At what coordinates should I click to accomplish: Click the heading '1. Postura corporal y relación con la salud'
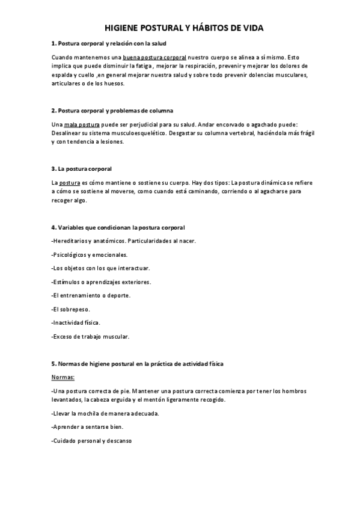(x=109, y=44)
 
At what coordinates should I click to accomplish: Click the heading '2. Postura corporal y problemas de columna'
(x=112, y=111)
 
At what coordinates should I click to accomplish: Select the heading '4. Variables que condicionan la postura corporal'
(x=118, y=227)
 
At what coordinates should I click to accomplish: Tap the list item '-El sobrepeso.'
(x=71, y=309)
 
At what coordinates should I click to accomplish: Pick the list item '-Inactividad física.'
(x=76, y=322)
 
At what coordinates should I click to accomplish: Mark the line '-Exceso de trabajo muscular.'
(x=90, y=336)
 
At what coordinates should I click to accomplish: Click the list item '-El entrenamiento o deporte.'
(x=91, y=295)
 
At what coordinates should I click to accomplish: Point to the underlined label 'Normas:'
(x=63, y=377)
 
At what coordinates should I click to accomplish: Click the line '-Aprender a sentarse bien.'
(x=87, y=427)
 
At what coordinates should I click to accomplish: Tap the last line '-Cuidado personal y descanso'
(x=91, y=441)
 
